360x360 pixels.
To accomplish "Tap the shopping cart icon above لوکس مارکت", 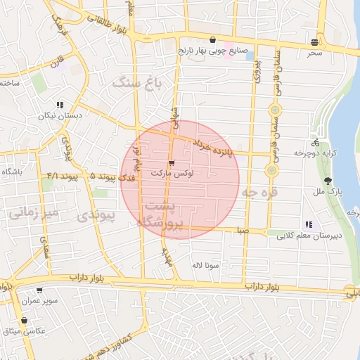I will pyautogui.click(x=172, y=163).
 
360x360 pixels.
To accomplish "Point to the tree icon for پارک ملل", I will pyautogui.click(x=327, y=181).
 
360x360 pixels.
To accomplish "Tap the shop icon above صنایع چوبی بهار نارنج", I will pyautogui.click(x=212, y=39).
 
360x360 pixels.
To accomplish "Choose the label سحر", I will pyautogui.click(x=314, y=53).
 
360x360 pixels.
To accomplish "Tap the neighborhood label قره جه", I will pyautogui.click(x=259, y=192).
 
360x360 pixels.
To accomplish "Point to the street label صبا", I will pyautogui.click(x=243, y=230).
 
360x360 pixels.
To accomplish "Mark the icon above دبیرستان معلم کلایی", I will pyautogui.click(x=309, y=224).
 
